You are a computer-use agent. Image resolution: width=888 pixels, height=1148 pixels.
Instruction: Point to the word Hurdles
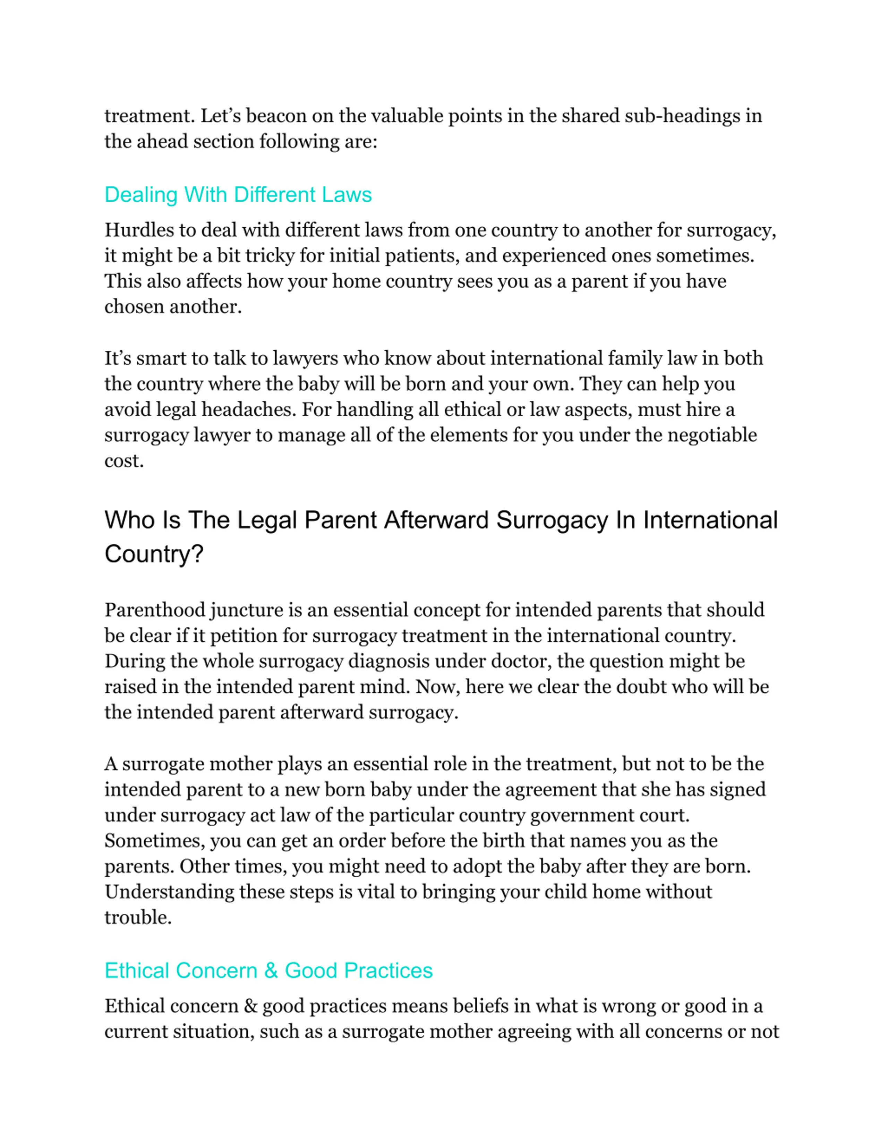[140, 230]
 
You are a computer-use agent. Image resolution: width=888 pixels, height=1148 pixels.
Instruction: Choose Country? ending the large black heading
[154, 554]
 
